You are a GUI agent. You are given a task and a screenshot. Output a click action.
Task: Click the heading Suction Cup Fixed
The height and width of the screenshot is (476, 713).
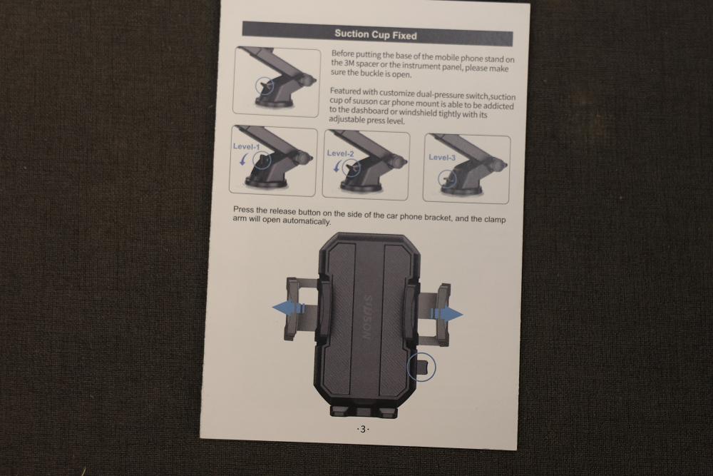[x=376, y=34]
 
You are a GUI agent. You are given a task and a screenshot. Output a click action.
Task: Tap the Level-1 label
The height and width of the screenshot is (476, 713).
[x=247, y=146]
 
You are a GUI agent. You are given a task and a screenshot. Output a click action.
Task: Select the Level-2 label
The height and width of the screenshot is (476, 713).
[x=340, y=153]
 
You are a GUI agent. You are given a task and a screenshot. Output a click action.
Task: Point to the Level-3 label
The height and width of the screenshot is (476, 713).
[x=442, y=158]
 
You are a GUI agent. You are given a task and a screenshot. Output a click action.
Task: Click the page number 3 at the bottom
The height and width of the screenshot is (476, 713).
[x=362, y=429]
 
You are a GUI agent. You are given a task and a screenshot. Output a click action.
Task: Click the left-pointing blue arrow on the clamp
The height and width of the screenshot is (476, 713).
[x=289, y=308]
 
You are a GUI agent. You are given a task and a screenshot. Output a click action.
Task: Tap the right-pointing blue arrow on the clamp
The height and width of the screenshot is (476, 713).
[x=446, y=313]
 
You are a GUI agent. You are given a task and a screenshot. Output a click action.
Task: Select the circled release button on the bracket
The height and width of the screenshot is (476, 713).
[x=421, y=367]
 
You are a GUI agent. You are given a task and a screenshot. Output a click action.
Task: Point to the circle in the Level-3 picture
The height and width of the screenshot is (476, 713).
[x=448, y=179]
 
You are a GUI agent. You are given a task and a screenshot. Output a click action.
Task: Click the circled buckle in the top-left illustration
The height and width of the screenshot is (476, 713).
[x=265, y=86]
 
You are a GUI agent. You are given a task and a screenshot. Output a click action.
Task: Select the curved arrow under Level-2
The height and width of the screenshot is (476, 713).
[x=337, y=167]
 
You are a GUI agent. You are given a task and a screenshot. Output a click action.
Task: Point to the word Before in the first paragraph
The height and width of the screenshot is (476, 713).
[x=343, y=54]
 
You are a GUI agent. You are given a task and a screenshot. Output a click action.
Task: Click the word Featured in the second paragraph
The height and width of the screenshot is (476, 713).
[x=345, y=91]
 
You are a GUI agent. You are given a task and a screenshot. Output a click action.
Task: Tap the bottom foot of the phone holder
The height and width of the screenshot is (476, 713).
[x=364, y=411]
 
